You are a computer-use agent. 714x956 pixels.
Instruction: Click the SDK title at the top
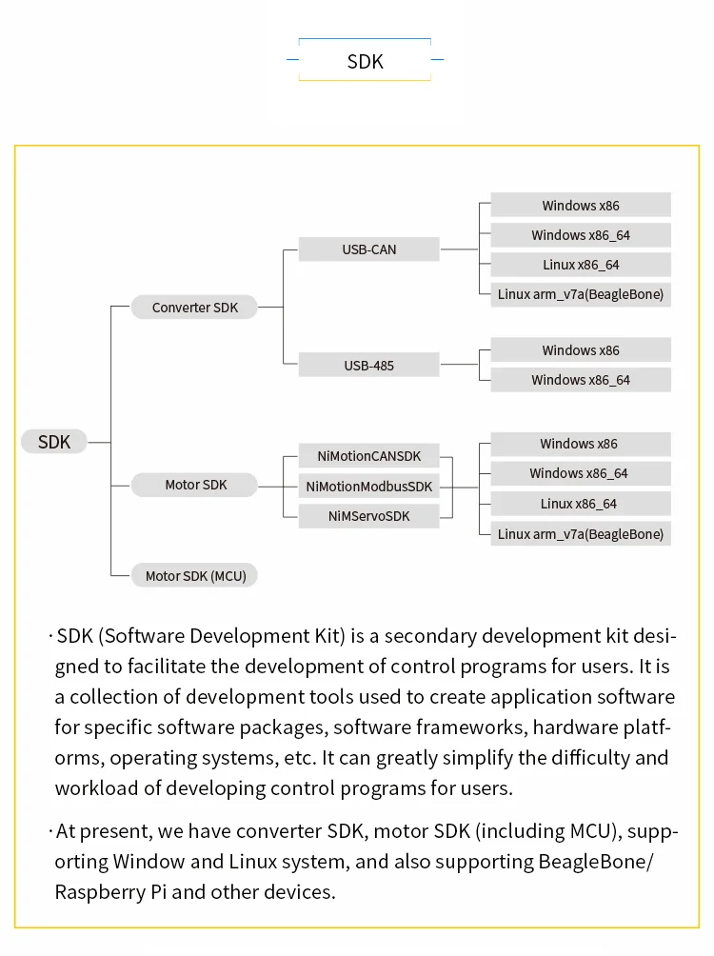tap(365, 62)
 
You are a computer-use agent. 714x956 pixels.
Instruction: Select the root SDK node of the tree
tap(54, 442)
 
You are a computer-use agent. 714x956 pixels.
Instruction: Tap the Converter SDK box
tap(195, 308)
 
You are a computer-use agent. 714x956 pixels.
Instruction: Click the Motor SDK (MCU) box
tap(195, 575)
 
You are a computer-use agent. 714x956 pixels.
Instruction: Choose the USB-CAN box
tap(369, 249)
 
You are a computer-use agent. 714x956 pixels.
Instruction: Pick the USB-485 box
tap(369, 365)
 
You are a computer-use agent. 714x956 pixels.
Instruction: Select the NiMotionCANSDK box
tap(369, 455)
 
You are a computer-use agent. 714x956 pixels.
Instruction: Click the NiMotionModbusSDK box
tap(369, 487)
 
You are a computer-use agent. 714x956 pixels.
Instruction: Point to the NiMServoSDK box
tap(369, 516)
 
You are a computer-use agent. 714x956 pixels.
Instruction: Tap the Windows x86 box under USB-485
tap(581, 350)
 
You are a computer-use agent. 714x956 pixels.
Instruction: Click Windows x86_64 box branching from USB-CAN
tap(581, 235)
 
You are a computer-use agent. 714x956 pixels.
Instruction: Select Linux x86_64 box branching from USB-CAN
tap(581, 265)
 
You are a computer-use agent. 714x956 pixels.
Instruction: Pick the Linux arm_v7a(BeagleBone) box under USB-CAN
tap(581, 294)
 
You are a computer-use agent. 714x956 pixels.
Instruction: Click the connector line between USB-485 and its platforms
tap(460, 365)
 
